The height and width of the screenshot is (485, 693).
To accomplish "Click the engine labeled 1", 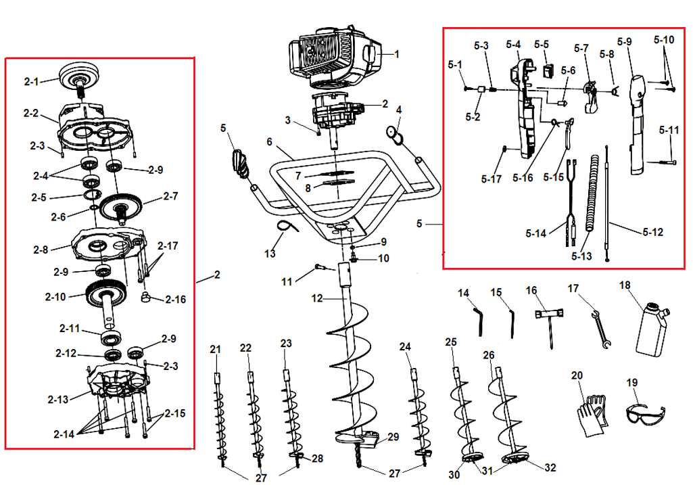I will pyautogui.click(x=331, y=57).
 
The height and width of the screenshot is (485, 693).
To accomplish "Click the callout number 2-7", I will pyautogui.click(x=170, y=197).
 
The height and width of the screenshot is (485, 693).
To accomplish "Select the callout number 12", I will pyautogui.click(x=317, y=298).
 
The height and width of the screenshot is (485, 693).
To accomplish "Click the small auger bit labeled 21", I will pyautogui.click(x=220, y=413).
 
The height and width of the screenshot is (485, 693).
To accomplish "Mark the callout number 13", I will pyautogui.click(x=270, y=254).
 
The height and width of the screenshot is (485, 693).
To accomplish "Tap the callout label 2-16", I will pyautogui.click(x=176, y=299).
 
